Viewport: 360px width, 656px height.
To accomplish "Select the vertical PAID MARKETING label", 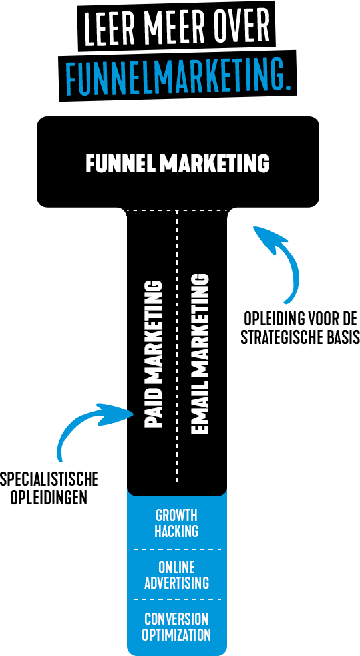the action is click(x=153, y=353).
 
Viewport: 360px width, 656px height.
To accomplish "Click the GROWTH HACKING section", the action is click(x=176, y=523).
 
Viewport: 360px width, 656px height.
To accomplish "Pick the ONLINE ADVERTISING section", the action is click(x=176, y=575).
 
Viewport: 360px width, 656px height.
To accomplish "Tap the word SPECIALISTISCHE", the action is click(x=49, y=479).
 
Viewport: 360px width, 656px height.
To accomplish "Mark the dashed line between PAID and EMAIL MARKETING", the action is click(x=177, y=345).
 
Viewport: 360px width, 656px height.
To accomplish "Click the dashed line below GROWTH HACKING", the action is click(x=176, y=549).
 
